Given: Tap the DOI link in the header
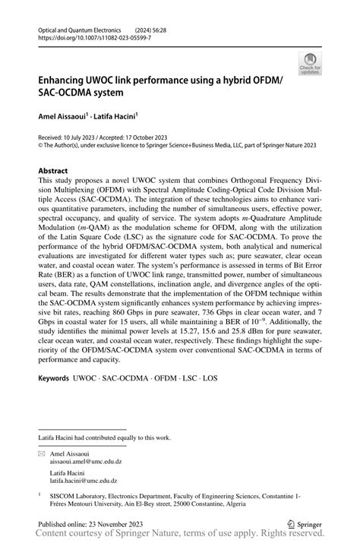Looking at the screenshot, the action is [x=89, y=36].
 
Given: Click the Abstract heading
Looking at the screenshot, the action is [x=53, y=171].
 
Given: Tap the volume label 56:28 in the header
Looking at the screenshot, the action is [x=171, y=27].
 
